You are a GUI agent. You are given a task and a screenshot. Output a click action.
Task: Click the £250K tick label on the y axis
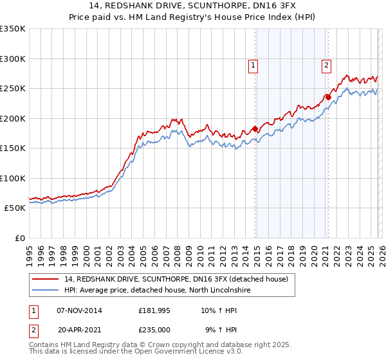click(x=13, y=89)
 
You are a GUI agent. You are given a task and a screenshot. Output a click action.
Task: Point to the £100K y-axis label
click(x=13, y=178)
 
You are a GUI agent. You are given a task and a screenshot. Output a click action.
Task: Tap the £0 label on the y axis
click(x=19, y=238)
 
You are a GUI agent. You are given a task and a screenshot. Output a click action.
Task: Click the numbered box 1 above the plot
click(x=253, y=65)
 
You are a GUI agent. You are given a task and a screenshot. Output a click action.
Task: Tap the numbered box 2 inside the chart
click(x=327, y=65)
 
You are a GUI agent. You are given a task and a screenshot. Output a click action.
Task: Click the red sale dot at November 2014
click(x=255, y=129)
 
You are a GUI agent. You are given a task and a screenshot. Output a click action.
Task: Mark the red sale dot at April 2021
click(x=328, y=97)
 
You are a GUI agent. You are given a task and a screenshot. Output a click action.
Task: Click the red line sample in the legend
click(x=46, y=278)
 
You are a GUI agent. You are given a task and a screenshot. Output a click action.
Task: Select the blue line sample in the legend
click(x=46, y=290)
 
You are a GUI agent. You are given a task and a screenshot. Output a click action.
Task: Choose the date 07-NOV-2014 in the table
click(x=79, y=310)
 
